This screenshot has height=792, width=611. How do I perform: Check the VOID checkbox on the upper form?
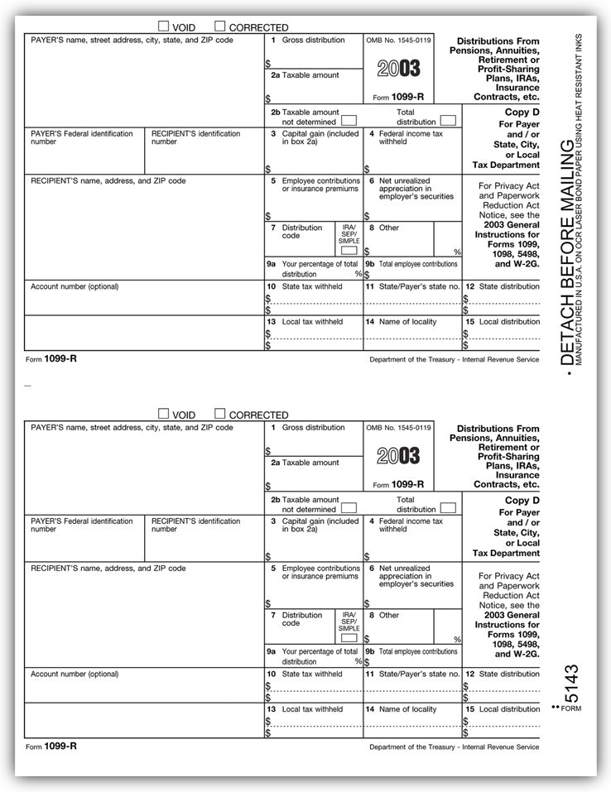[x=163, y=26]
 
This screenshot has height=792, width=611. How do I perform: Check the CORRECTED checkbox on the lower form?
[x=220, y=414]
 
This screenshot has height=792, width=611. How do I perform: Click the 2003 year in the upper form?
[x=399, y=68]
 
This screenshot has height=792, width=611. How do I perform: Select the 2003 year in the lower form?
[x=399, y=455]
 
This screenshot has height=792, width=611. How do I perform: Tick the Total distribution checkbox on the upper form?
[x=448, y=121]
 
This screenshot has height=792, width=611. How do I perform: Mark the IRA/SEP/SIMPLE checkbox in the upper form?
[x=349, y=249]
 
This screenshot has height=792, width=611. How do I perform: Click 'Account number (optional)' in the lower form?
[x=75, y=674]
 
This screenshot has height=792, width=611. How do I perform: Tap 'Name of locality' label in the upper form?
[x=407, y=322]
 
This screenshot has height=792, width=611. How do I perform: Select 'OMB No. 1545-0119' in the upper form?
[x=398, y=40]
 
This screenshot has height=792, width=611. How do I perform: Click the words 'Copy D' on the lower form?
[x=522, y=501]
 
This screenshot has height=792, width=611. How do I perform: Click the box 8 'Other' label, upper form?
[x=388, y=228]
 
